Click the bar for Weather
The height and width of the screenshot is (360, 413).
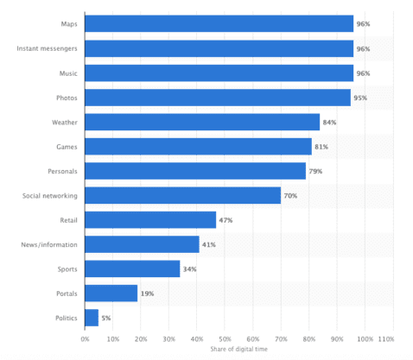pyautogui.click(x=202, y=123)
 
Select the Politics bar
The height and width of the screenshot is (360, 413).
pyautogui.click(x=92, y=318)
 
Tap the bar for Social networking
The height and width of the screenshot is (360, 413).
pyautogui.click(x=182, y=196)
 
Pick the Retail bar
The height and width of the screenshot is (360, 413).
pyautogui.click(x=150, y=220)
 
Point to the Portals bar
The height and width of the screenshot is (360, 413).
pyautogui.click(x=111, y=294)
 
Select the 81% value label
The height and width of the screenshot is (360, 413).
pyautogui.click(x=321, y=147)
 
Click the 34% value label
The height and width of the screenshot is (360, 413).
pyautogui.click(x=190, y=269)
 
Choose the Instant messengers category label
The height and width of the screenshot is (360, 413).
pyautogui.click(x=47, y=49)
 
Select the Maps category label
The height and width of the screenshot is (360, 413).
pyautogui.click(x=67, y=25)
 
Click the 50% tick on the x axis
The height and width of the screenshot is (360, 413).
pyautogui.click(x=225, y=339)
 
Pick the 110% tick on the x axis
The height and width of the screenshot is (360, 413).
pyautogui.click(x=385, y=339)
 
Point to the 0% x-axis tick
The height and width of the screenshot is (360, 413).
pyautogui.click(x=85, y=339)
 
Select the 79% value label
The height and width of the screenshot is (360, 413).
pyautogui.click(x=316, y=172)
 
